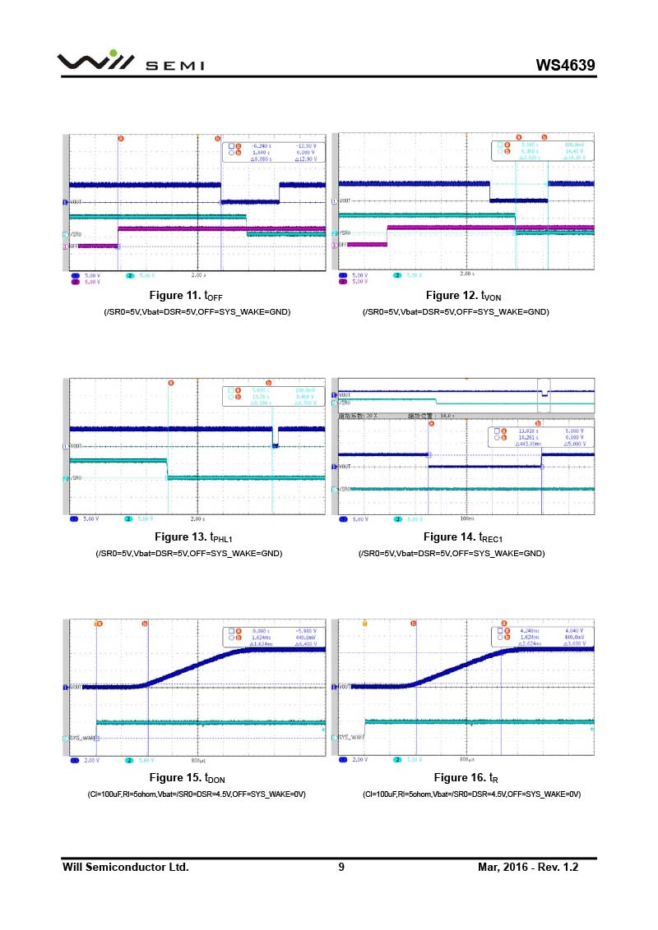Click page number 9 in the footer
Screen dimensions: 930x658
click(x=341, y=868)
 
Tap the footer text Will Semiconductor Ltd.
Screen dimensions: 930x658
click(x=126, y=868)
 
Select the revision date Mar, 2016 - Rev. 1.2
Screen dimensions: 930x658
click(x=528, y=868)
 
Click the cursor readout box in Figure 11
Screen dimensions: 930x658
click(x=271, y=152)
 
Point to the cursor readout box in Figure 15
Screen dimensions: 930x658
click(x=271, y=637)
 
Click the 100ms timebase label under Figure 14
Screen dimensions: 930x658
click(x=467, y=519)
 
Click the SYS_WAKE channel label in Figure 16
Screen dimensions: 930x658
click(x=351, y=738)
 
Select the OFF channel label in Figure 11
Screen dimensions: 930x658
click(x=72, y=246)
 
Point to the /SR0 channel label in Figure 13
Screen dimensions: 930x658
click(x=75, y=478)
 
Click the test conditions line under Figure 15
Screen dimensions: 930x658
click(x=197, y=794)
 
